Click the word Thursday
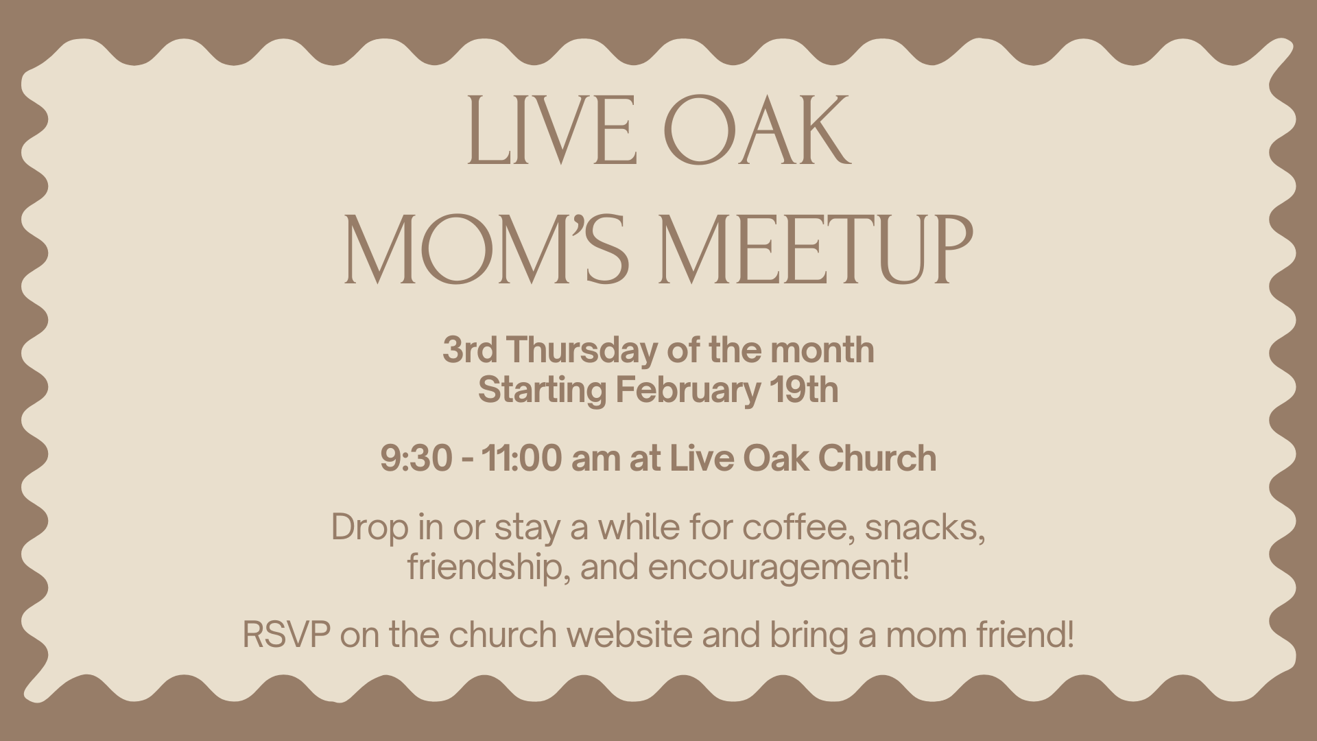click(x=582, y=351)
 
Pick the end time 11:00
click(x=521, y=458)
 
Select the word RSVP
click(x=286, y=635)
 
